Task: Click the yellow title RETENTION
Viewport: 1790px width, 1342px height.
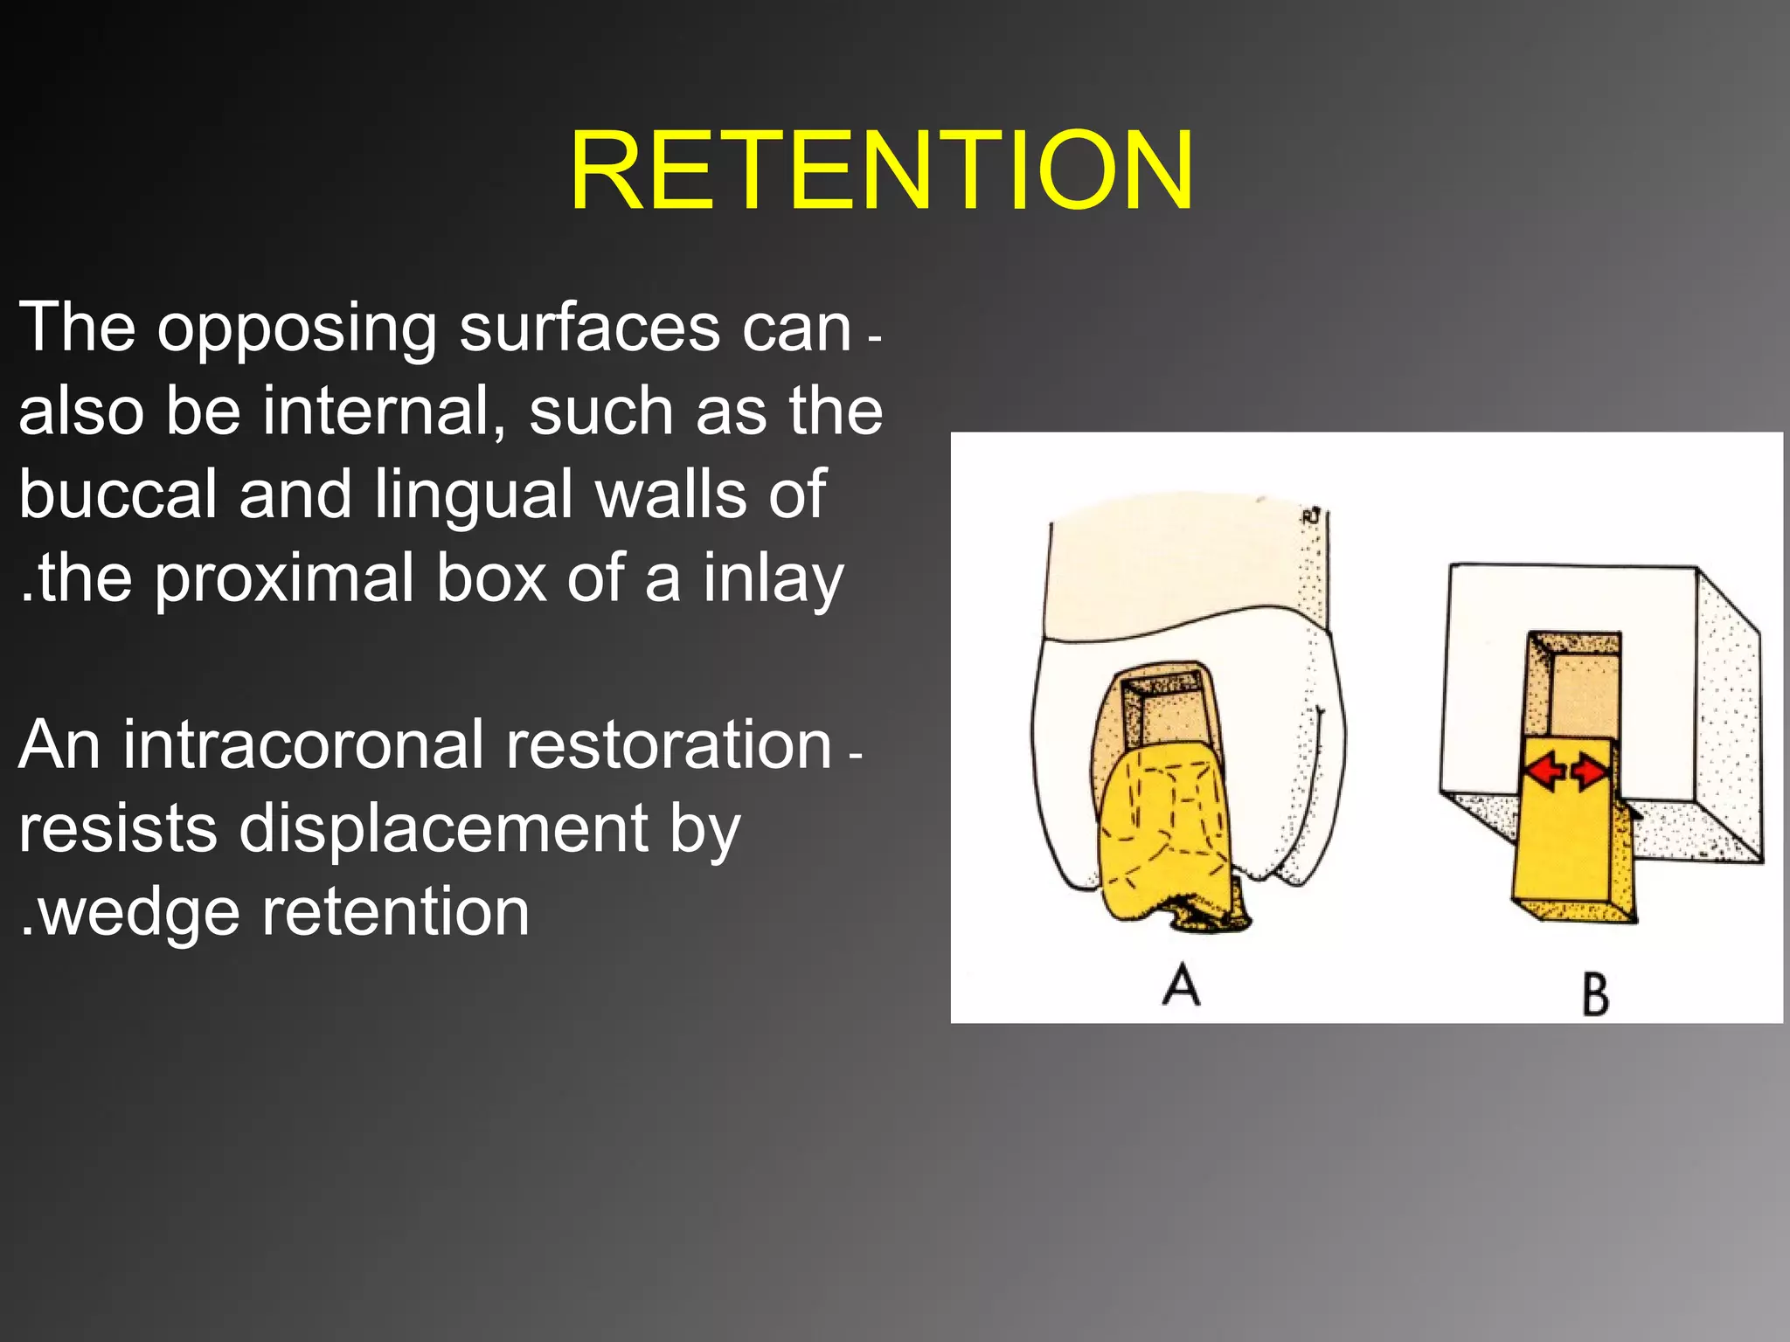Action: coord(881,170)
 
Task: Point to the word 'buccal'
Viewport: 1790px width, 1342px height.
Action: coord(117,495)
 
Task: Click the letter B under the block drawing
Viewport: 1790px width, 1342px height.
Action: coord(1595,994)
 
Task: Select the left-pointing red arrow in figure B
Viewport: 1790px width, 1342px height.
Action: coord(1545,771)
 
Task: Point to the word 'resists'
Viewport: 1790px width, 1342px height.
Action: coord(117,828)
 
